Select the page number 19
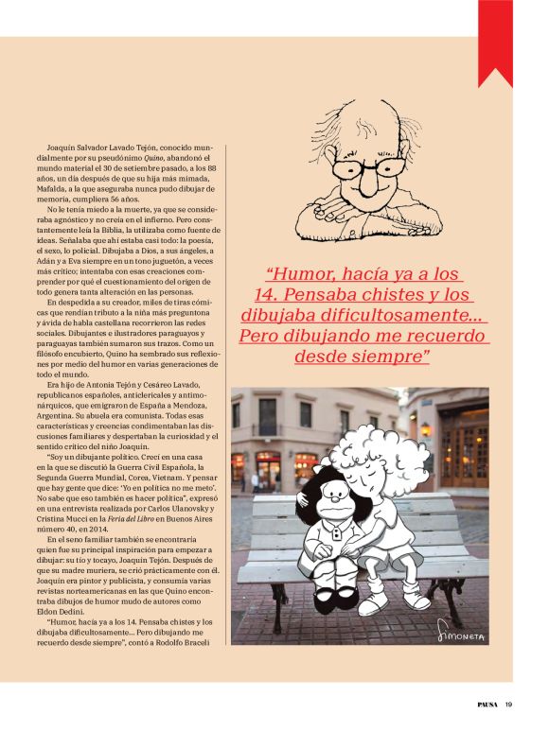pyautogui.click(x=509, y=703)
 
